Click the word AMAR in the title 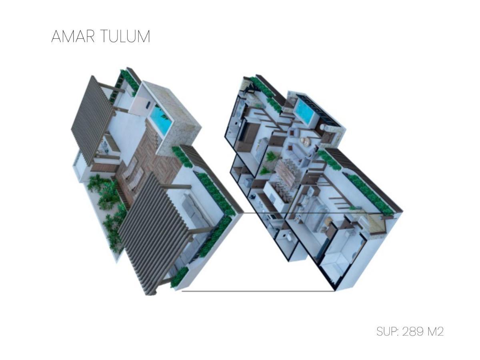(73, 36)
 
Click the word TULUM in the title (125, 36)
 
